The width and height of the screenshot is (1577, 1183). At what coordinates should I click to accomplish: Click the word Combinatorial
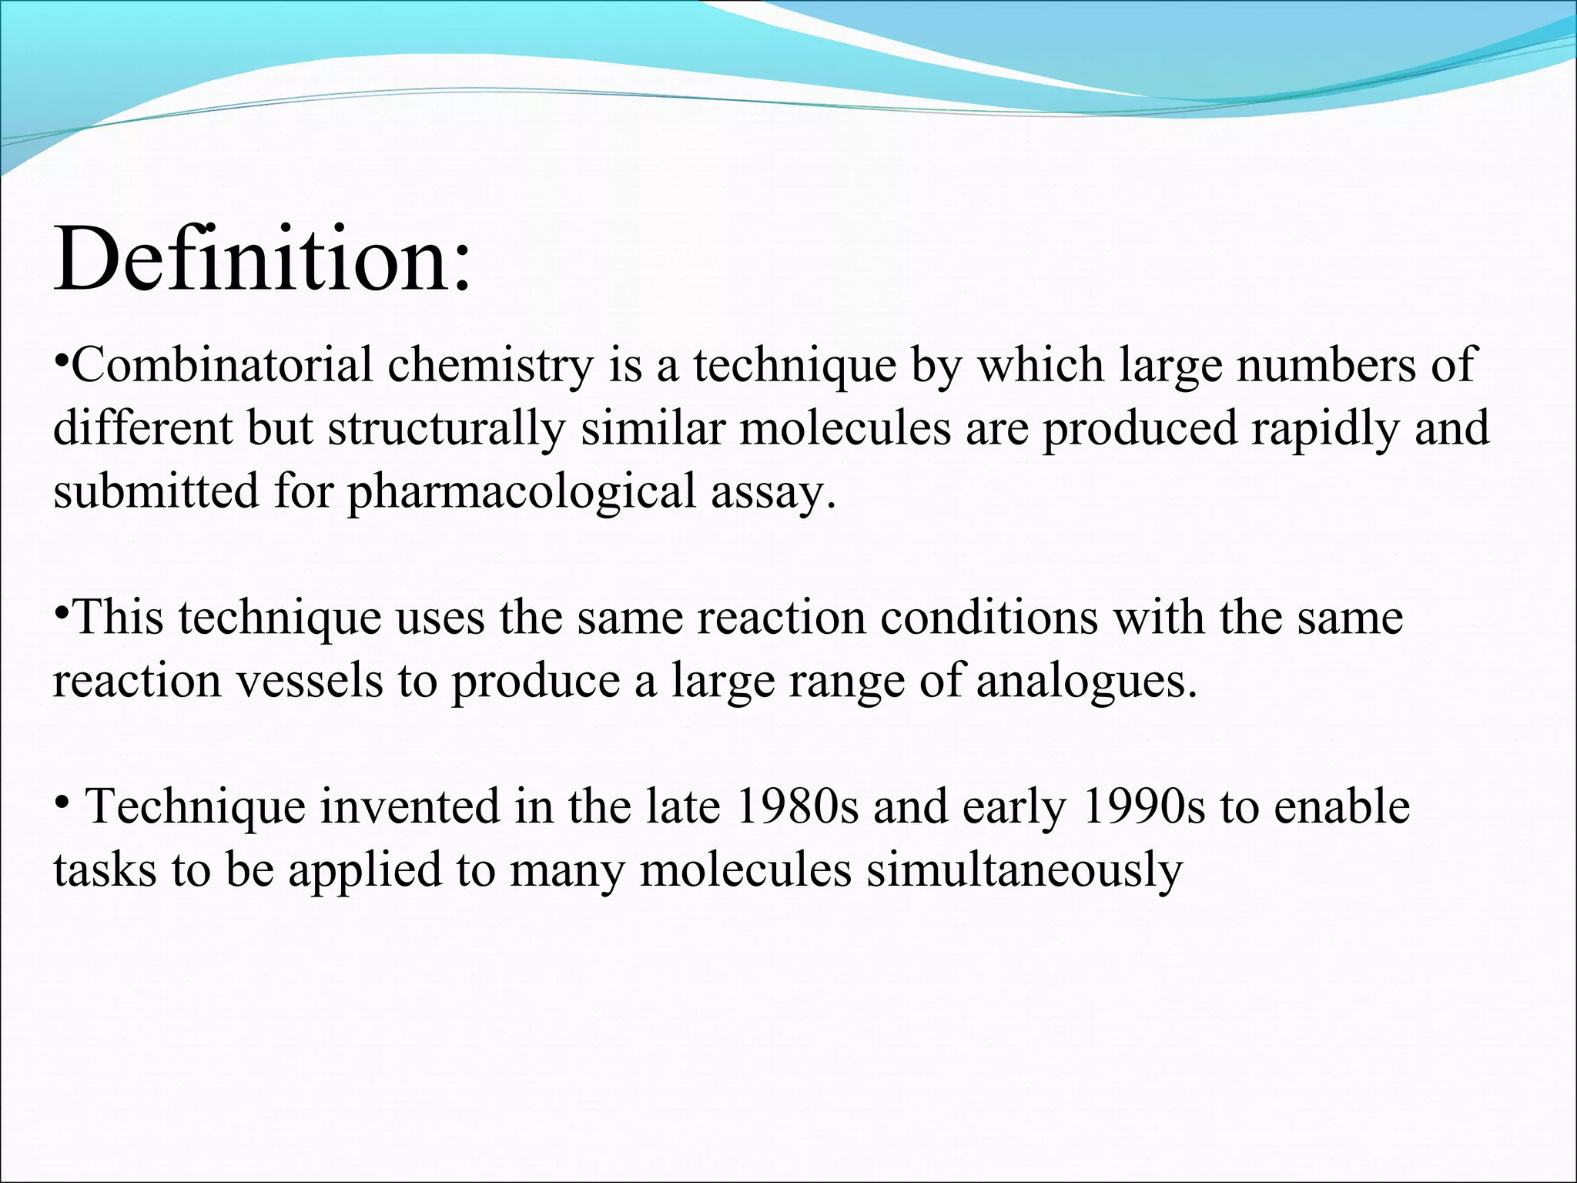[x=223, y=365]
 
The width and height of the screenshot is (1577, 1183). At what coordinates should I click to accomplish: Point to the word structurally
[x=447, y=429]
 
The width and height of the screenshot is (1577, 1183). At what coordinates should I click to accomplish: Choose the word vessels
[x=309, y=682]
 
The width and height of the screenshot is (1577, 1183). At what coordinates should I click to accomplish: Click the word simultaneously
[x=1024, y=871]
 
